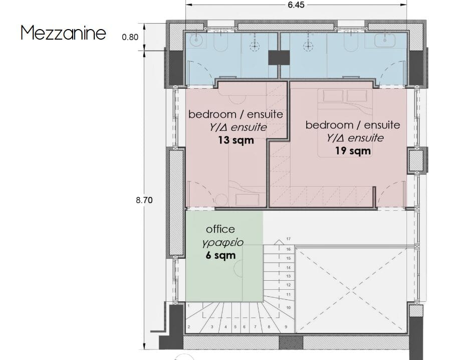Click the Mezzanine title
tap(63, 33)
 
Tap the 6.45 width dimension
tap(296, 5)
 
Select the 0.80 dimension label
tap(130, 37)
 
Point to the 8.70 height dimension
tap(144, 200)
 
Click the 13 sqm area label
tap(236, 140)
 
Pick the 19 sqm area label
tap(353, 150)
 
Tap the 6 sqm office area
tap(220, 255)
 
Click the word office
tap(220, 229)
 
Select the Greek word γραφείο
tap(223, 243)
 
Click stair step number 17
tap(289, 239)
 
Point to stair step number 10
tap(289, 307)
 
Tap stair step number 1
tap(188, 306)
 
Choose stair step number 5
tap(235, 327)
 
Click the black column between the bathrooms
tap(279, 57)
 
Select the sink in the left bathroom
tap(196, 39)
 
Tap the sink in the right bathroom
tap(385, 40)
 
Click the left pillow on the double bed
tap(333, 95)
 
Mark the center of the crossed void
tap(351, 291)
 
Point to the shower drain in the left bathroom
tap(255, 46)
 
